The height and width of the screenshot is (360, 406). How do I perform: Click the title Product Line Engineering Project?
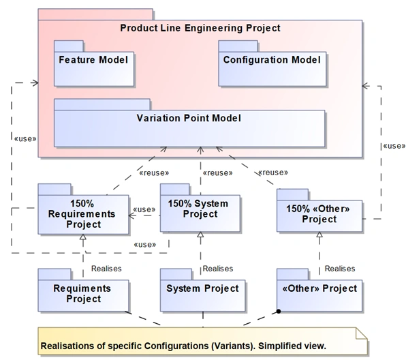[x=200, y=28]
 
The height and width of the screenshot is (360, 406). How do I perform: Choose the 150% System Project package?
[x=198, y=209]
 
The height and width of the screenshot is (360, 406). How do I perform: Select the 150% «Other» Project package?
[x=319, y=213]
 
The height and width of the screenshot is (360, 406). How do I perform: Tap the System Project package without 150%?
[x=202, y=288]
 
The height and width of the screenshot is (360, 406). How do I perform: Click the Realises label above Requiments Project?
[x=106, y=269]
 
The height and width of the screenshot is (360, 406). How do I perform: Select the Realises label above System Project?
[x=217, y=269]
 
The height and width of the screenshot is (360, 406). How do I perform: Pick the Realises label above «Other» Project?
[x=339, y=269]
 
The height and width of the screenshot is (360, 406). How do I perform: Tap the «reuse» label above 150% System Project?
[x=219, y=172]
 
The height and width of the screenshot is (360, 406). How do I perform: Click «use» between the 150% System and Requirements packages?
[x=144, y=209]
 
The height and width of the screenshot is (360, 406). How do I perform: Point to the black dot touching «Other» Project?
[x=279, y=313]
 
